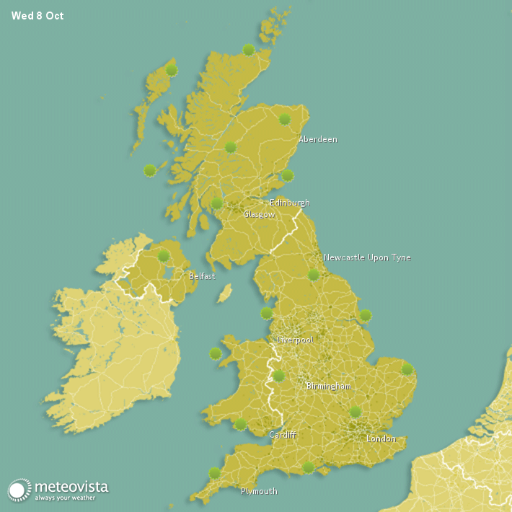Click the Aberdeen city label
tap(317, 139)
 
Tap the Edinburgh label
tap(289, 203)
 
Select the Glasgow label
tap(258, 214)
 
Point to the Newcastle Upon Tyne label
tap(366, 257)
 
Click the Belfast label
tap(201, 276)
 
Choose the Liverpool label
tap(295, 339)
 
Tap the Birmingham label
tap(328, 387)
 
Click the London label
tap(381, 438)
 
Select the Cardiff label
tap(282, 435)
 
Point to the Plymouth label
tap(258, 491)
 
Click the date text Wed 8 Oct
tap(37, 16)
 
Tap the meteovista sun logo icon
tap(19, 490)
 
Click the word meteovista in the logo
tap(71, 487)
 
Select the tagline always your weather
tap(71, 498)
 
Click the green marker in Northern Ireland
tap(164, 255)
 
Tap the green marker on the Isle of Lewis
tap(172, 70)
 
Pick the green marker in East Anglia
tap(407, 369)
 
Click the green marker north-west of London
tap(355, 412)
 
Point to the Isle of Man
tap(225, 293)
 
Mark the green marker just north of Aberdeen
tap(285, 119)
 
